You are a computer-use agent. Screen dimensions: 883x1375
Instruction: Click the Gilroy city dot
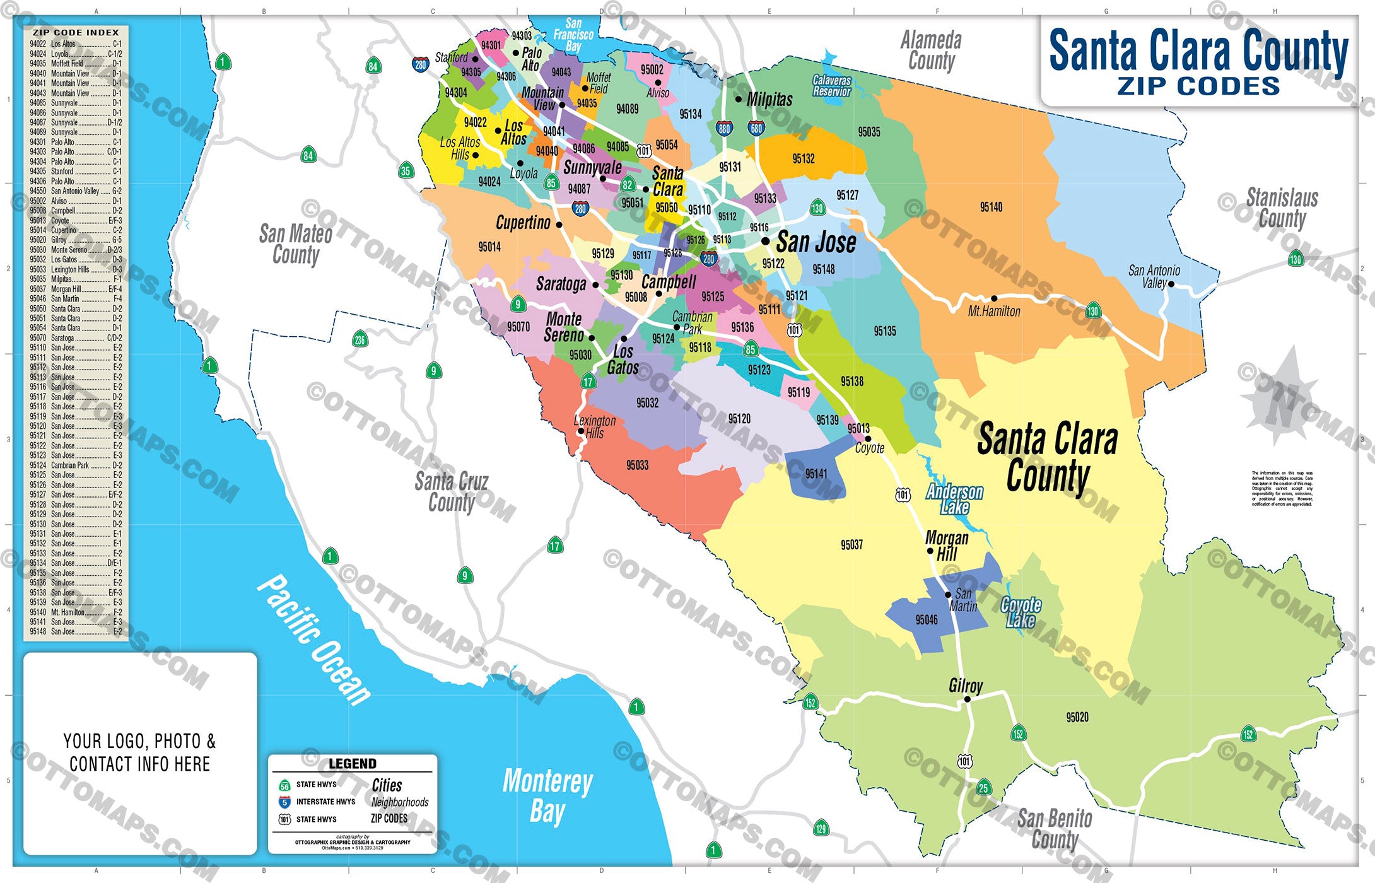pos(967,699)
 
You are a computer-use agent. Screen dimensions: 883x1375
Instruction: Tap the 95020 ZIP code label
pos(1077,717)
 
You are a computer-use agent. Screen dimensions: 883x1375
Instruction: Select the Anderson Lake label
pos(954,500)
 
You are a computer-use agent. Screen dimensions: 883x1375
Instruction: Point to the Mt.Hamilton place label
pos(994,312)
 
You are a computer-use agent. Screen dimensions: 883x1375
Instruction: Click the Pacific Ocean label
pos(313,640)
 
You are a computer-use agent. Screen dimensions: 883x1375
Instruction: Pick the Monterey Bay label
pos(547,795)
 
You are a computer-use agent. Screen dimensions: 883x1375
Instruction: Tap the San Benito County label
pos(1055,829)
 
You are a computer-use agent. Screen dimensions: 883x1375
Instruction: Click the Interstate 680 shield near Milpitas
pos(756,129)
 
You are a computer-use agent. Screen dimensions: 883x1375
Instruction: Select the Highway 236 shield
pos(360,339)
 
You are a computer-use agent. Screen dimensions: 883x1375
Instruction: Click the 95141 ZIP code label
pos(816,474)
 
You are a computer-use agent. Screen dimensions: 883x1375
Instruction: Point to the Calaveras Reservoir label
pos(831,86)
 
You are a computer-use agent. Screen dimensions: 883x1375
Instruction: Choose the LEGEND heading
pos(352,764)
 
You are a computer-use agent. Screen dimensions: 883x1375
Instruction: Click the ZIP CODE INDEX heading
pos(76,32)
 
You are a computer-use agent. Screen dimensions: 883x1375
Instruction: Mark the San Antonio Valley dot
pos(1171,284)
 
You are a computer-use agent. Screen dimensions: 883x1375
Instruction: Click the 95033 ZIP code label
pos(637,465)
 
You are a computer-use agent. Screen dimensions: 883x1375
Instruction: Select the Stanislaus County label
pos(1282,208)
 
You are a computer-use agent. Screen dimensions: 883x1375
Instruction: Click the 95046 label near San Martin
pos(927,620)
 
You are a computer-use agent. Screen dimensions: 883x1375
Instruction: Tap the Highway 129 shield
pos(821,829)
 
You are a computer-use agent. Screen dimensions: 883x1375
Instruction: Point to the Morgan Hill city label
pos(946,546)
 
